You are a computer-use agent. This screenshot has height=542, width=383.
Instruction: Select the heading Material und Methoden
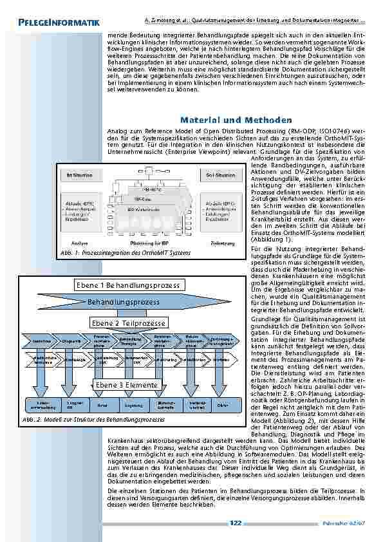[x=236, y=120]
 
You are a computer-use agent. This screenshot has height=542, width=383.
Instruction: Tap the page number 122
[x=236, y=523]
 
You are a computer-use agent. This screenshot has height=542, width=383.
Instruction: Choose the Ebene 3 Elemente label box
[x=127, y=385]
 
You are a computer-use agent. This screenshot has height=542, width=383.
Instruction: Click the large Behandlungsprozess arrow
[x=126, y=301]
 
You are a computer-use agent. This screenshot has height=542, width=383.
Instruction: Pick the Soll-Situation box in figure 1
[x=220, y=174]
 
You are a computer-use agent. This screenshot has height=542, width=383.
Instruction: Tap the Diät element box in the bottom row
[x=222, y=405]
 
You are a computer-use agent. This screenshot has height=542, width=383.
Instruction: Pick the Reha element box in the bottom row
[x=102, y=405]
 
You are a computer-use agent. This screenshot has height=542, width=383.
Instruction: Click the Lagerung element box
[x=133, y=405]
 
